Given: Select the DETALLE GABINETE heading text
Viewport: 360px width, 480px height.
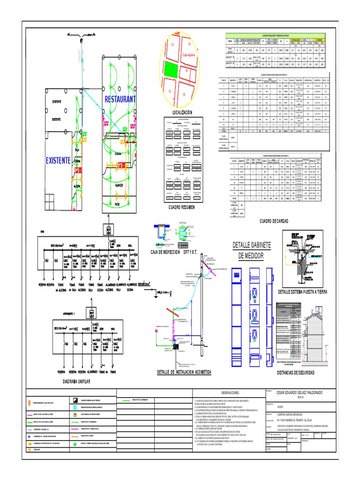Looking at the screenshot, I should point(252,246).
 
